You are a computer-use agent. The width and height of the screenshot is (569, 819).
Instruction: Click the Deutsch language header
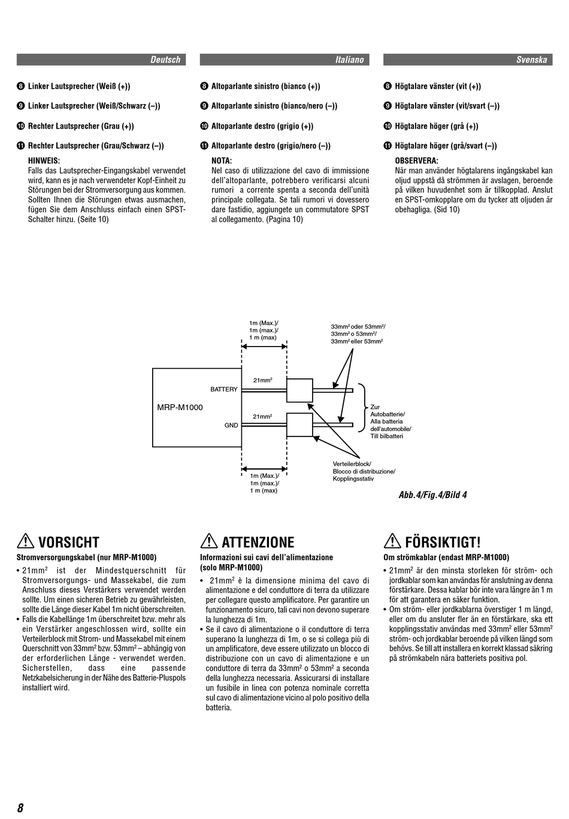coord(165,60)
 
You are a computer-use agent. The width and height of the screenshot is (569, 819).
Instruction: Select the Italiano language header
coord(349,60)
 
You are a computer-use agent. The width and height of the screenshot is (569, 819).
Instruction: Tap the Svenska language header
coord(531,60)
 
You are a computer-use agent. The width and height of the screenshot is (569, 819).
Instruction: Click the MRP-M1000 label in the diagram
coord(180,408)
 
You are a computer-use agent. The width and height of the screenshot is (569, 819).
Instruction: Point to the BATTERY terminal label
coord(224,390)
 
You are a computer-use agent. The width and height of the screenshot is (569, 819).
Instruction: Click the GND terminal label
coord(231,426)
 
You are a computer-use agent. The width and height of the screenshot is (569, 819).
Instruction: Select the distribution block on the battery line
coord(299,390)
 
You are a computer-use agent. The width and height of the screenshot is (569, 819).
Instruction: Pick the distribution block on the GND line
coord(299,425)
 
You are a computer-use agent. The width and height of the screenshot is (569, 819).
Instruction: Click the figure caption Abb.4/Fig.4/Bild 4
coord(432,495)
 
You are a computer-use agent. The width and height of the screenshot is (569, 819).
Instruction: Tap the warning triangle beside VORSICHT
coord(26,541)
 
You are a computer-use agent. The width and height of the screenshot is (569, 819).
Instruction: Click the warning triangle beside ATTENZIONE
coord(209,541)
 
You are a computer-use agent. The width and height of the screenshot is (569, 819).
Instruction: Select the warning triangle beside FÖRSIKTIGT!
coord(392,541)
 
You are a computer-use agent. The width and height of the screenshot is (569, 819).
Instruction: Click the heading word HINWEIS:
coord(44,160)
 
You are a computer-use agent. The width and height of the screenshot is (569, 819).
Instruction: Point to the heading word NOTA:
coord(222,160)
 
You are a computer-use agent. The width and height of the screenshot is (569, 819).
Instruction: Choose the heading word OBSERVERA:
coord(416,160)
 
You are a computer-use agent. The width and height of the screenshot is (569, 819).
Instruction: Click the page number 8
coord(20,808)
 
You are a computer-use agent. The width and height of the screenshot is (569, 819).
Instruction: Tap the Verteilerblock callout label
coord(352,464)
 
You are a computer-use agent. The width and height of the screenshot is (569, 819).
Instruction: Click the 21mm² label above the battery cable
coord(263,380)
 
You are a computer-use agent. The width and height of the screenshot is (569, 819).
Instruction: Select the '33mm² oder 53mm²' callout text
coord(358,327)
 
